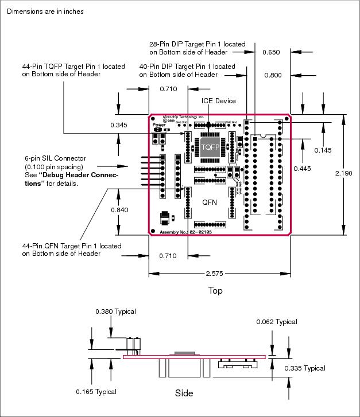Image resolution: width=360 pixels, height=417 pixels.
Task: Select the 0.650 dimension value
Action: pos(271,52)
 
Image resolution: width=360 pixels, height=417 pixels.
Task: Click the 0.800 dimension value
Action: pos(273,75)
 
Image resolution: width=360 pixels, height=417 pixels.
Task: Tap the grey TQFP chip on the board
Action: pos(210,147)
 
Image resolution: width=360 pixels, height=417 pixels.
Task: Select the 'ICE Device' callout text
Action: pos(218,101)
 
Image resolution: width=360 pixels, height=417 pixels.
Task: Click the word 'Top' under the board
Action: pos(215,291)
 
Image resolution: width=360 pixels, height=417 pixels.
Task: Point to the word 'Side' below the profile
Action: pos(184,393)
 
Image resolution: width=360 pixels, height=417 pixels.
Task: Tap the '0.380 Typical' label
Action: pos(115,311)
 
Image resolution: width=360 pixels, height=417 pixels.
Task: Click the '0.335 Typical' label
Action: pos(305,368)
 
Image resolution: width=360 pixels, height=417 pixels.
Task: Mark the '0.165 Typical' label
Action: pos(96,392)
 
